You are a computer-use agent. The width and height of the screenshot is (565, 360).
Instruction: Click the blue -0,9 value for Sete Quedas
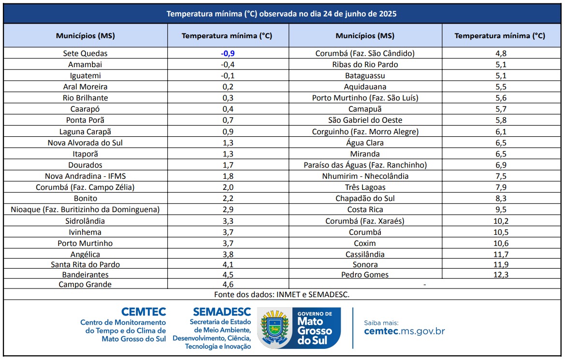tap(228, 54)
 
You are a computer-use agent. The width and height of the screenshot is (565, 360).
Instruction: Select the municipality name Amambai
tap(85, 65)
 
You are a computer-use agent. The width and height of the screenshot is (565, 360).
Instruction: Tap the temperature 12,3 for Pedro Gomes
tap(500, 275)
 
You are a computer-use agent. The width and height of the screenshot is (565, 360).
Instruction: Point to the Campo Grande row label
tap(85, 285)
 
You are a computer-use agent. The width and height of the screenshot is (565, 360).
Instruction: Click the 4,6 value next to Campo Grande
tap(228, 285)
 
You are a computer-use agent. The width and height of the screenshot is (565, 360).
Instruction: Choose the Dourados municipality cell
tap(85, 165)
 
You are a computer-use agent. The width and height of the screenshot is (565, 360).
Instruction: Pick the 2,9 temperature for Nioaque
tap(228, 210)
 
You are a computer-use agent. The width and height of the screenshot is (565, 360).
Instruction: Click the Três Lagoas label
tap(365, 187)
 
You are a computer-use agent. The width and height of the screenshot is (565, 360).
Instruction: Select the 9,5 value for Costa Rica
tap(500, 210)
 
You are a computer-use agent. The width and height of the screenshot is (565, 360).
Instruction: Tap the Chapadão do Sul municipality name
tap(365, 199)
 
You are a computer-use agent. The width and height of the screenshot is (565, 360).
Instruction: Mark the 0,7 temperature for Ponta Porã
tap(228, 120)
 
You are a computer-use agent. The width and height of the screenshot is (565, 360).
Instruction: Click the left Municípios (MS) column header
tap(85, 36)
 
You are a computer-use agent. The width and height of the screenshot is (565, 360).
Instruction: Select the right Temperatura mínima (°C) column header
tap(500, 36)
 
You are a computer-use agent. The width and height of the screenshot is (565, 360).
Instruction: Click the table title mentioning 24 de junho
tap(282, 14)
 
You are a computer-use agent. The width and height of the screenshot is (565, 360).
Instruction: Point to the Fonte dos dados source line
tap(282, 294)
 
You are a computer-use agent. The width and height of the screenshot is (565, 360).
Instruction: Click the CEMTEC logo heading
tap(144, 312)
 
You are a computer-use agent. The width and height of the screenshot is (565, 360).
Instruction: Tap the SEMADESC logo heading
tap(222, 312)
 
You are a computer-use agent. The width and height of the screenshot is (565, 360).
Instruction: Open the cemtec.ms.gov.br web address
tap(404, 331)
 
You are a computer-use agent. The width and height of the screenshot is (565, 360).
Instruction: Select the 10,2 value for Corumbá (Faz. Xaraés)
tap(500, 221)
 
